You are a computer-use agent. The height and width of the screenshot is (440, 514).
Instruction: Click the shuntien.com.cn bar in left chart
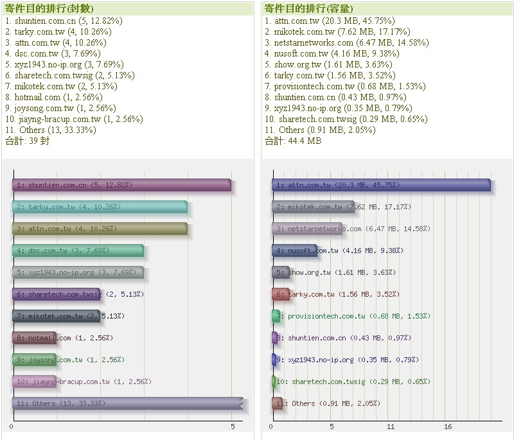(121, 185)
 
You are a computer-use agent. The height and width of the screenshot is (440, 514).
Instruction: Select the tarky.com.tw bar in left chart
(100, 207)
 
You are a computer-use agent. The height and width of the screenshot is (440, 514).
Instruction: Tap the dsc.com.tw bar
(77, 251)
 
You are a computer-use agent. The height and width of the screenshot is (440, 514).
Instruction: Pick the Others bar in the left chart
(127, 403)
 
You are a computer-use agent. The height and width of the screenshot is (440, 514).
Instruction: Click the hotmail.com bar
(34, 338)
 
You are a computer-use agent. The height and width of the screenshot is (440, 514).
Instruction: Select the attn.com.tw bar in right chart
(380, 185)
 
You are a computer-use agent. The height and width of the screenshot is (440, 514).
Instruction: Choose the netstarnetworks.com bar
(306, 229)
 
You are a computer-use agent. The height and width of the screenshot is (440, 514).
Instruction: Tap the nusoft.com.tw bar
(294, 251)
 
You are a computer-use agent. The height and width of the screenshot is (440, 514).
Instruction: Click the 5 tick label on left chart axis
(233, 427)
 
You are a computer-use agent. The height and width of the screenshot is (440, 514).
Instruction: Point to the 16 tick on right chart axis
(448, 427)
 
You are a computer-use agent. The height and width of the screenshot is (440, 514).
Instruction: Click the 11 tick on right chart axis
(391, 427)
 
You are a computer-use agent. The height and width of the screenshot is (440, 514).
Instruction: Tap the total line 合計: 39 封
(27, 141)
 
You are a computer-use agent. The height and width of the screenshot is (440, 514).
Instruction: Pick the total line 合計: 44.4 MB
(293, 141)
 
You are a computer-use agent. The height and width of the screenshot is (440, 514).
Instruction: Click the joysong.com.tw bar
(34, 360)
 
